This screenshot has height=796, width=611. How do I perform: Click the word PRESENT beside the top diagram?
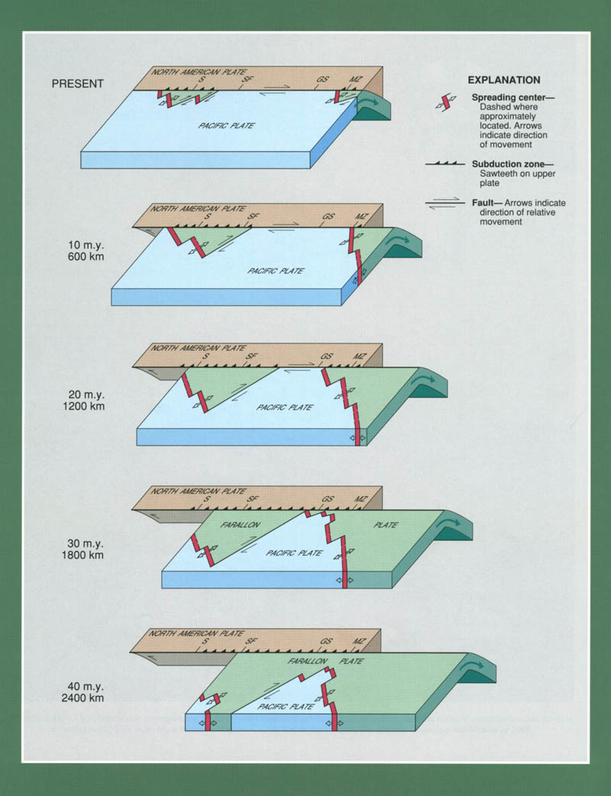click(x=77, y=84)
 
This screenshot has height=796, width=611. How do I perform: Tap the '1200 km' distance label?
click(x=84, y=407)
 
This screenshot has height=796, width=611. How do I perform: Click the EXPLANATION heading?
click(x=503, y=80)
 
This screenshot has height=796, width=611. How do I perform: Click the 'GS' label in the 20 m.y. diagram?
click(x=327, y=356)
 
